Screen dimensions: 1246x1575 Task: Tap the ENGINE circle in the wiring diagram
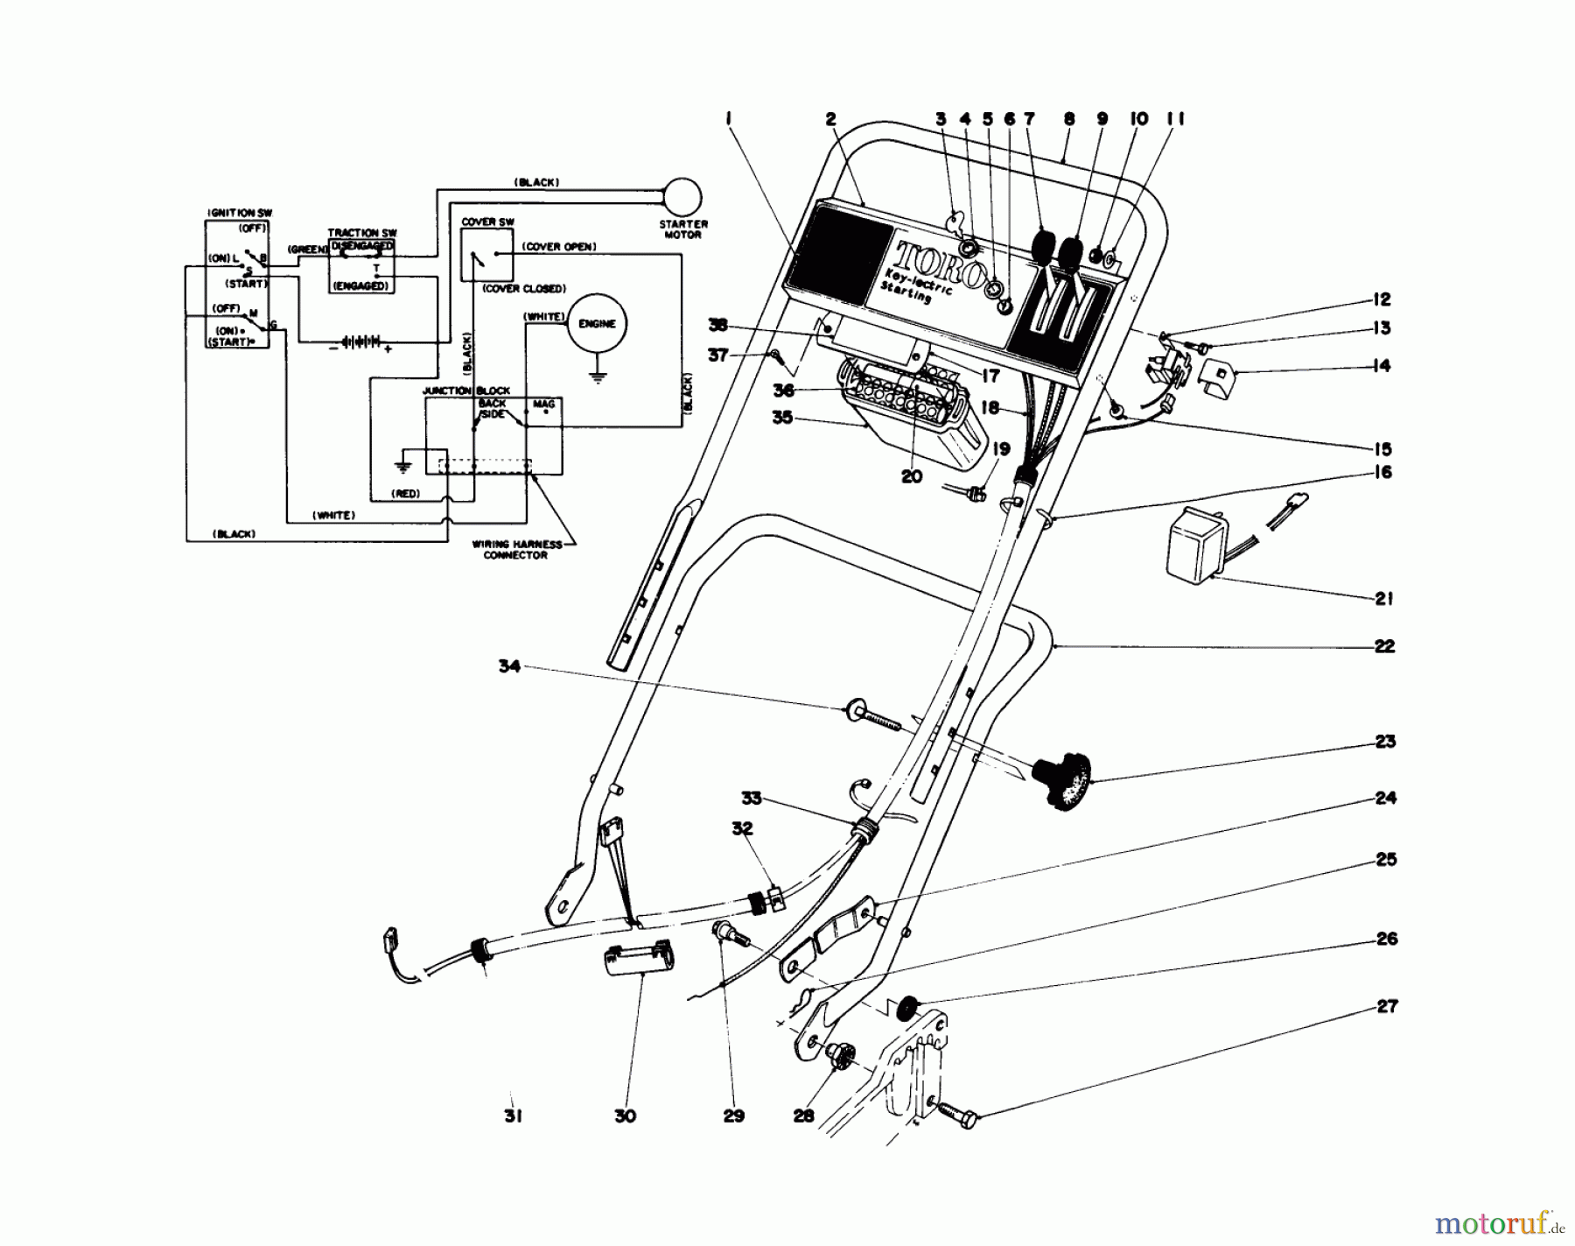[597, 323]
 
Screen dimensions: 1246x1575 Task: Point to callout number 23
[1384, 742]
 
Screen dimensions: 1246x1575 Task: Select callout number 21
[1383, 599]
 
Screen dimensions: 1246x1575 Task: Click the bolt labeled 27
[958, 1115]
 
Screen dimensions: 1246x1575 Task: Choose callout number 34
[509, 666]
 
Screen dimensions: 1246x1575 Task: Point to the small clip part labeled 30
[637, 960]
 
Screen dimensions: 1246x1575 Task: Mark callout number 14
[1382, 365]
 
